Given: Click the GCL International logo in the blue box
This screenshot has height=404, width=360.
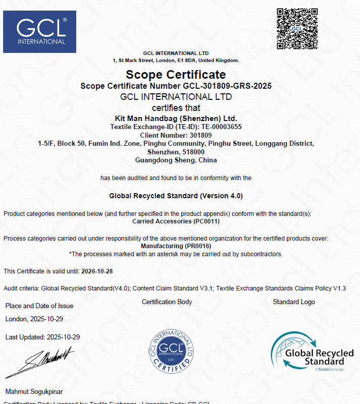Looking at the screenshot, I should click(x=40, y=32).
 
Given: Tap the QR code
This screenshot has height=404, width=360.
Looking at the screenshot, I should click(x=297, y=29).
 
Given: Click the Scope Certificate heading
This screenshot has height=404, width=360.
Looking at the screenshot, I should click(x=176, y=75).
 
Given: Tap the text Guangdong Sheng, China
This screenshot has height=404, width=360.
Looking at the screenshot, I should click(x=176, y=160).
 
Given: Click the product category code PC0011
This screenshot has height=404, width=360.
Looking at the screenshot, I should click(x=207, y=221).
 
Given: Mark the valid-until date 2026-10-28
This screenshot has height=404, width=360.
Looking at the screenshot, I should click(x=97, y=271).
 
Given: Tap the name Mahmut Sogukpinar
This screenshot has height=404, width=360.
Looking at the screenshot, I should click(x=34, y=391).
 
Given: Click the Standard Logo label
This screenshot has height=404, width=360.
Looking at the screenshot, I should click(x=294, y=302).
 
